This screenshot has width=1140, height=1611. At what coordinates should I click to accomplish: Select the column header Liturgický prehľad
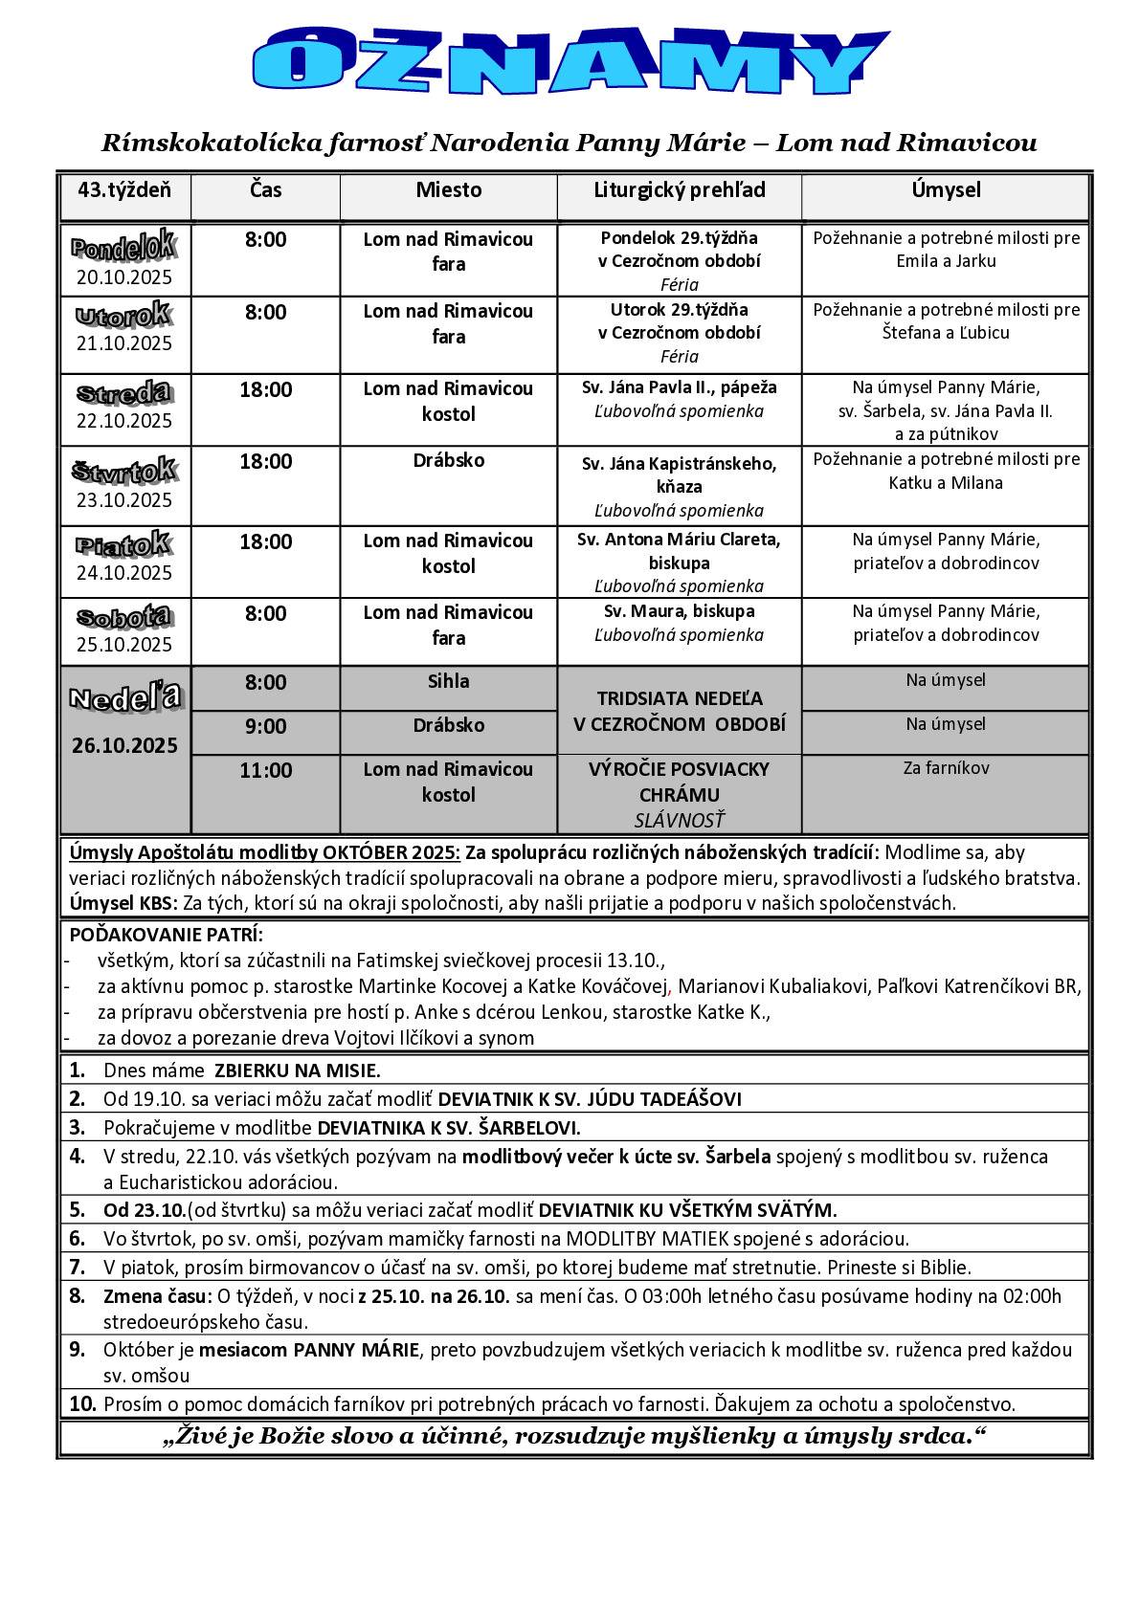point(679,190)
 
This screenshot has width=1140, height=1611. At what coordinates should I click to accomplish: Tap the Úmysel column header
point(946,190)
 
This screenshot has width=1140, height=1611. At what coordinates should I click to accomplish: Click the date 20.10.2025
point(124,278)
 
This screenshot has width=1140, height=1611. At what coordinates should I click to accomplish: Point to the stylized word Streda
point(124,393)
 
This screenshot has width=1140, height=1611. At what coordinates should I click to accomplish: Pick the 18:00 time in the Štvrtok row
point(265,462)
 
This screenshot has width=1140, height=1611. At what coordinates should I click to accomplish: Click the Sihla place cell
point(448,681)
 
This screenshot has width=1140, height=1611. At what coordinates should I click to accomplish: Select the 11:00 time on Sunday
point(265,770)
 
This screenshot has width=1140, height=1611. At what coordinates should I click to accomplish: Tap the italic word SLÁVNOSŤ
point(679,820)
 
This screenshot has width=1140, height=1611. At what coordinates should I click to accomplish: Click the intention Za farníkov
point(946,768)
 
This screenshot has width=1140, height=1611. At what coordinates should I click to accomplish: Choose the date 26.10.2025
point(124,745)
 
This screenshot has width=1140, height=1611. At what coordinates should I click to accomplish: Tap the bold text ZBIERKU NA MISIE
point(297,1070)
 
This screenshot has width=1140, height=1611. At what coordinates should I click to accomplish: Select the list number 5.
point(78,1209)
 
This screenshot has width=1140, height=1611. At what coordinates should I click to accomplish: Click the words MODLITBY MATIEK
point(647,1239)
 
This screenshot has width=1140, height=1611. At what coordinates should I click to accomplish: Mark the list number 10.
point(82,1404)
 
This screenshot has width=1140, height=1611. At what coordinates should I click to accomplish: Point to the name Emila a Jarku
point(946,261)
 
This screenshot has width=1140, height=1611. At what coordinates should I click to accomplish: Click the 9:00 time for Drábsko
point(265,726)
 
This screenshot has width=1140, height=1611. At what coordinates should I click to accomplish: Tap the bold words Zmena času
point(157,1297)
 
